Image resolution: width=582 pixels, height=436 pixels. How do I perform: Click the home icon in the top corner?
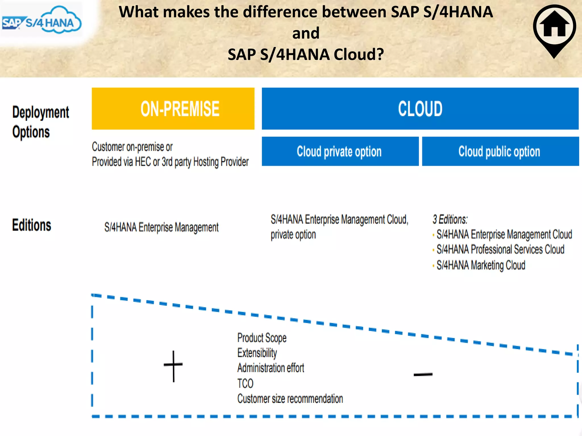pyautogui.click(x=554, y=27)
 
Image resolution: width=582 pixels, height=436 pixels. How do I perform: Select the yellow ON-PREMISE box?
pyautogui.click(x=173, y=109)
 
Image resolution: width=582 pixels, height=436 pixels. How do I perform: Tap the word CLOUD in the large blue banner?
pyautogui.click(x=420, y=109)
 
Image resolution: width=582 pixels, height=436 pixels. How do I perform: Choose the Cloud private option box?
pyautogui.click(x=340, y=151)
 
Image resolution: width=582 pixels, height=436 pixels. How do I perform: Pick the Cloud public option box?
pyautogui.click(x=500, y=151)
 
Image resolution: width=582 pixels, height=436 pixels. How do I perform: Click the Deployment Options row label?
pyautogui.click(x=40, y=122)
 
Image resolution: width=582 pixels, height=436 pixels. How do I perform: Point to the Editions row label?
pyautogui.click(x=32, y=225)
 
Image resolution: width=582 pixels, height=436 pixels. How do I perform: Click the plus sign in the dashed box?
pyautogui.click(x=173, y=366)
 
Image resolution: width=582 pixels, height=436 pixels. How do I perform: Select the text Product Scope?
pyautogui.click(x=262, y=338)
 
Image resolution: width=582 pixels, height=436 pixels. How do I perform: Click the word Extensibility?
pyautogui.click(x=257, y=353)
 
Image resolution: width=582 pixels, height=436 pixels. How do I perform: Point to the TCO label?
pyautogui.click(x=245, y=383)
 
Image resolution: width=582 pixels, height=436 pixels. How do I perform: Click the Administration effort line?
pyautogui.click(x=271, y=368)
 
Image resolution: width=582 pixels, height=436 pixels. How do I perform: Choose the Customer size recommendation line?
pyautogui.click(x=290, y=399)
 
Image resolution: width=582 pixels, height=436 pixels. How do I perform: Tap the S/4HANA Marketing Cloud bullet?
pyautogui.click(x=481, y=265)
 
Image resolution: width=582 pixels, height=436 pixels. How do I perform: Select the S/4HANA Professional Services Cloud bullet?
pyautogui.click(x=500, y=250)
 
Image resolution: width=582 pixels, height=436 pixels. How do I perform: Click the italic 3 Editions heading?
pyautogui.click(x=450, y=219)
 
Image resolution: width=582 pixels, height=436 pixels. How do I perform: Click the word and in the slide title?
pyautogui.click(x=306, y=33)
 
